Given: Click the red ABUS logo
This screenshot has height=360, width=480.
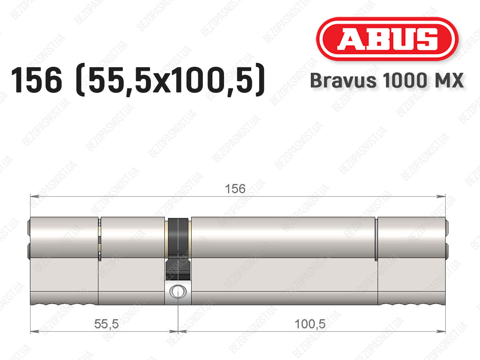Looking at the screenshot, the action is point(387,39).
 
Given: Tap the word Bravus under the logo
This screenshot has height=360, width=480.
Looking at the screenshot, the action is point(343,80).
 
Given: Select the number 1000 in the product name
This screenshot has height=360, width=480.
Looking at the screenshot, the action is point(405,80).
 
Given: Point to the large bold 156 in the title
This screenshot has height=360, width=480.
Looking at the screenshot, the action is point(36,80).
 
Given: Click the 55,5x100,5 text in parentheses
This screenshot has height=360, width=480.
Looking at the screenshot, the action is point(170,80).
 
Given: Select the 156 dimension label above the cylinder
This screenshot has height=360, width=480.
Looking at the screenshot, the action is point(235,189).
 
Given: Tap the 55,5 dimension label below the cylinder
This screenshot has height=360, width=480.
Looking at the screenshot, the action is point(106,324).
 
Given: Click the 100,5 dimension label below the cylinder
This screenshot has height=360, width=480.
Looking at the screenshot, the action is point(310,324).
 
